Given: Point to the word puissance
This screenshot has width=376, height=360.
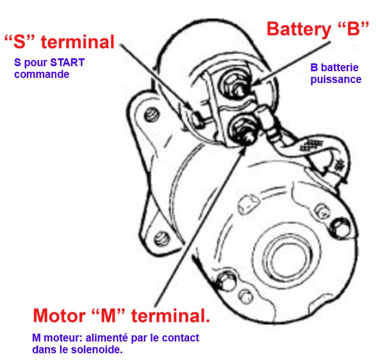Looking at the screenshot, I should pyautogui.click(x=336, y=80).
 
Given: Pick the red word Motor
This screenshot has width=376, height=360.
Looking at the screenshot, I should pyautogui.click(x=60, y=316).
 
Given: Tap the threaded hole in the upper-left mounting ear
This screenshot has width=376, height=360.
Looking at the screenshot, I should pyautogui.click(x=150, y=117).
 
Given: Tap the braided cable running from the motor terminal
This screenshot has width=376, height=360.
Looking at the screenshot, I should pyautogui.click(x=306, y=146).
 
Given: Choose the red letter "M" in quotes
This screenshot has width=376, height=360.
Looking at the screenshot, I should pyautogui.click(x=112, y=316).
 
